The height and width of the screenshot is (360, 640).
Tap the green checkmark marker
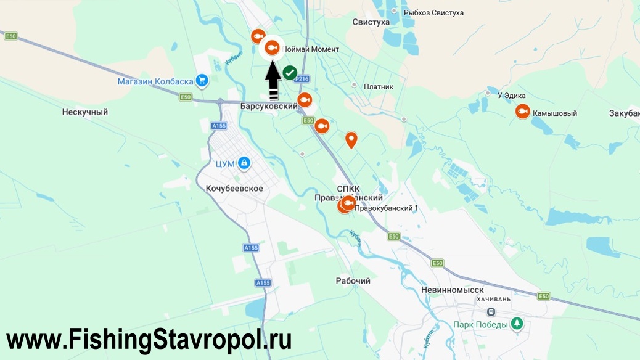pos(290,72)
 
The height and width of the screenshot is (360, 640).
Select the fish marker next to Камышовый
pos(522,112)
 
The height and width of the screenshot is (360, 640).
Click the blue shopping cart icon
pos(201,80)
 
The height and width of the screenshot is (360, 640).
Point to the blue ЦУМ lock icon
pos(244,162)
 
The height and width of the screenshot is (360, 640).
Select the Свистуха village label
pos(371,23)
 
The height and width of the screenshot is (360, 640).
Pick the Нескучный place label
pos(85,112)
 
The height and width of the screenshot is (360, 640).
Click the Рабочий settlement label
pos(353,281)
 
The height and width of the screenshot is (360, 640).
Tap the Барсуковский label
pos(269,107)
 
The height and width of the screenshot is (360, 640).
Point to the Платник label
pos(379,87)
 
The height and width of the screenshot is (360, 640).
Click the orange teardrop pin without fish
pos(351,139)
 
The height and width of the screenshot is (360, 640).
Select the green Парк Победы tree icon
pos(517,324)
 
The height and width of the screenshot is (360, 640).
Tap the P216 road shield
pos(302,79)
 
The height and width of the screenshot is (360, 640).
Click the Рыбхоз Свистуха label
pos(433,12)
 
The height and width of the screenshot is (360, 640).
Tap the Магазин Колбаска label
pos(155,81)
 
